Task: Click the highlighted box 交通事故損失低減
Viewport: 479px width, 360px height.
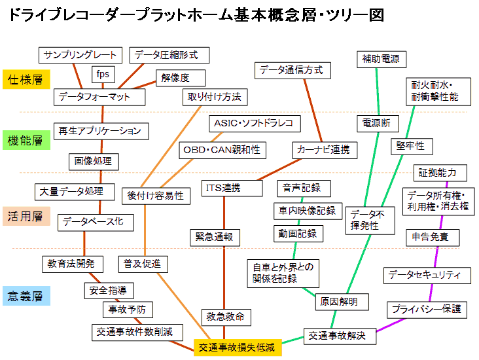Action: click(238, 347)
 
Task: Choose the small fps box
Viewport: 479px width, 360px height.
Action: click(103, 74)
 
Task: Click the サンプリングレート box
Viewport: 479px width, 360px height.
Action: click(80, 54)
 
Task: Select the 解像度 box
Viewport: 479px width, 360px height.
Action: click(175, 78)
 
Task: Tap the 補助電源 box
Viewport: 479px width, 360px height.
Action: click(380, 60)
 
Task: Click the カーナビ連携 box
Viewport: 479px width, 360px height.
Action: click(323, 150)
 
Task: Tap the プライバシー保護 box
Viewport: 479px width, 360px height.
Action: click(427, 308)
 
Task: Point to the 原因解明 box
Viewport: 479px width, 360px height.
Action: click(342, 302)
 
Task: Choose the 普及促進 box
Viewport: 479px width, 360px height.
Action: click(143, 264)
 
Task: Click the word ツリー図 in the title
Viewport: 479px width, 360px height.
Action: click(357, 14)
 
